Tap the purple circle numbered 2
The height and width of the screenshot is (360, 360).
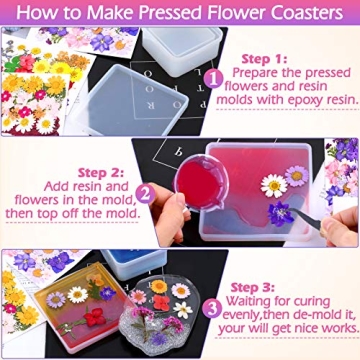tap(145, 193)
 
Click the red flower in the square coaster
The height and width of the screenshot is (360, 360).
tap(96, 319)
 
